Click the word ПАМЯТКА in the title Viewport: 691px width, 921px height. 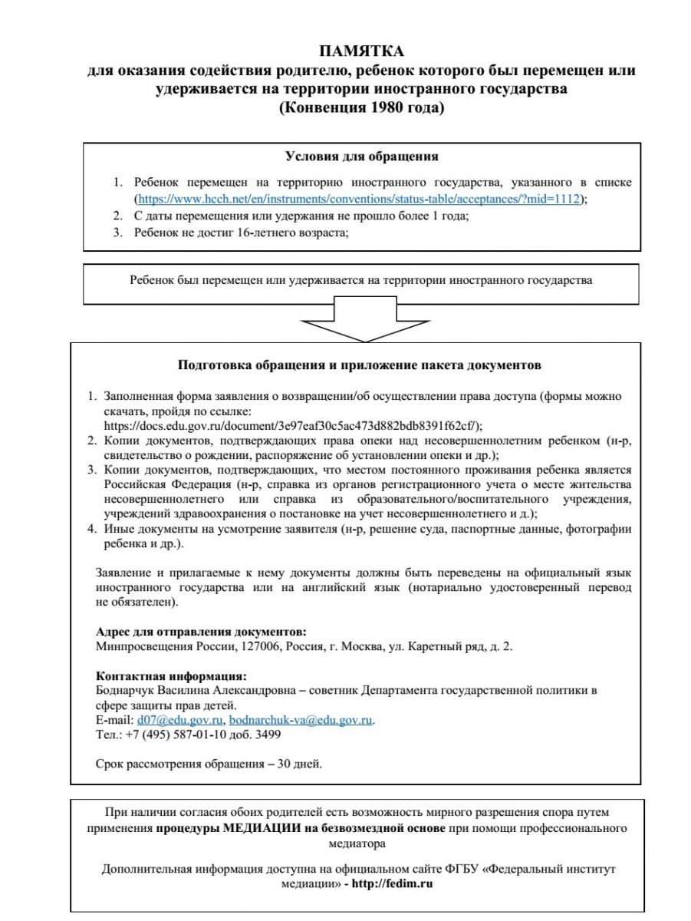click(x=361, y=51)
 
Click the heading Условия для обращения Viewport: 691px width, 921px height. click(x=361, y=157)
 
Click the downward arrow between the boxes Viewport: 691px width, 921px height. click(x=360, y=321)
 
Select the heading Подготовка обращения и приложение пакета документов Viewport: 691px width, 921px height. click(x=360, y=364)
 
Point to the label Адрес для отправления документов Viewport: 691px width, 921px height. click(x=200, y=632)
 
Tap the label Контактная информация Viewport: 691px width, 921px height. click(x=170, y=676)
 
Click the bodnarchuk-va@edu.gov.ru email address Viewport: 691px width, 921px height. click(x=301, y=720)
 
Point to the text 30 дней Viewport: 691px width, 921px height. click(x=301, y=764)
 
